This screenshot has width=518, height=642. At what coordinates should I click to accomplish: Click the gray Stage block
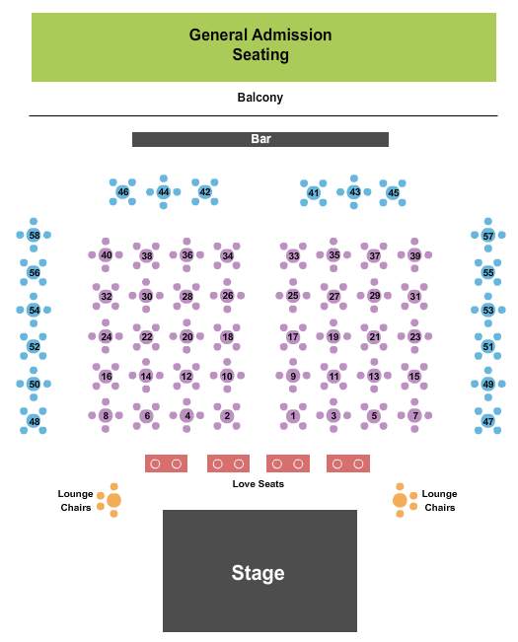tap(259, 571)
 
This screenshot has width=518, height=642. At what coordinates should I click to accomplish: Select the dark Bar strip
tap(260, 140)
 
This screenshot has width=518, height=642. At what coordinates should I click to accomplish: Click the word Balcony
tap(260, 98)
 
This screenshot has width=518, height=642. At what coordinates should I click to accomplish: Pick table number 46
tap(123, 192)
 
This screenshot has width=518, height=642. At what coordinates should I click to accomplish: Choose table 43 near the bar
tap(354, 191)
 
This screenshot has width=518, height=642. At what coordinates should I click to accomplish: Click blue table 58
tap(34, 236)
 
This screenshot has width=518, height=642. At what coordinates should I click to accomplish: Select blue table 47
tap(487, 422)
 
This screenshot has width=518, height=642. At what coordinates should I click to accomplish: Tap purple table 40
tap(106, 255)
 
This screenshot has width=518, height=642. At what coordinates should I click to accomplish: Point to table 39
tap(414, 256)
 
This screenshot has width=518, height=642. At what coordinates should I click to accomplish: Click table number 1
tap(293, 416)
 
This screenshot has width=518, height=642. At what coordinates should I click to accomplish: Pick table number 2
tap(227, 416)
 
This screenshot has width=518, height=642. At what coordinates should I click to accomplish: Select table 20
tap(186, 337)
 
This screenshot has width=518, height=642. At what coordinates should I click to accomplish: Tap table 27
tap(333, 297)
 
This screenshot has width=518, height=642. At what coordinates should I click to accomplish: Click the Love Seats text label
tap(259, 483)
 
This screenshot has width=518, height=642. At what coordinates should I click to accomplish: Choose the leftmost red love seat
tap(166, 464)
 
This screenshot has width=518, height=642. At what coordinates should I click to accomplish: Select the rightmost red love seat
tap(347, 464)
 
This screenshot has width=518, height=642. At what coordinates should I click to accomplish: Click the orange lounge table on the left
tap(113, 500)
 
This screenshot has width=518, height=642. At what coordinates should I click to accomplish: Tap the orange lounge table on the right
tap(400, 500)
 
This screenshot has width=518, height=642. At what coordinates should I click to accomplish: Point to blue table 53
tap(487, 311)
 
